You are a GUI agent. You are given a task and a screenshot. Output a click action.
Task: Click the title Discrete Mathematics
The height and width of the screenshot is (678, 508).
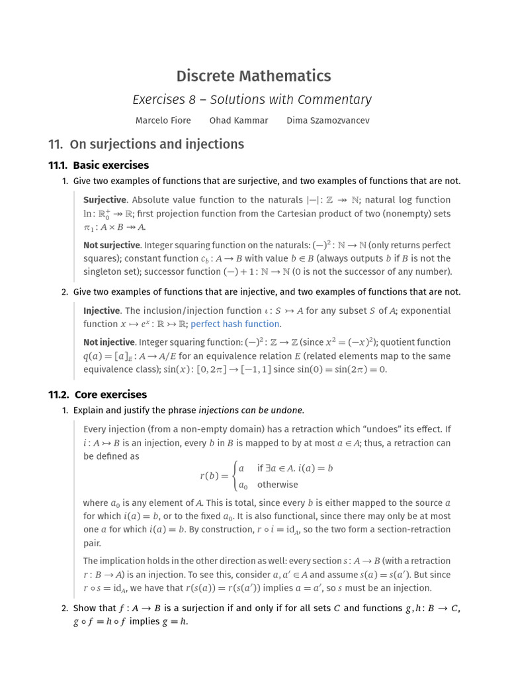(x=254, y=75)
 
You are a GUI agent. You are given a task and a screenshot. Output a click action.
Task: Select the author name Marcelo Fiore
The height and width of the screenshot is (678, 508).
(x=163, y=121)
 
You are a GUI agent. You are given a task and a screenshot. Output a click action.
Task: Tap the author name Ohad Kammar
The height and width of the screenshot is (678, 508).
(x=239, y=121)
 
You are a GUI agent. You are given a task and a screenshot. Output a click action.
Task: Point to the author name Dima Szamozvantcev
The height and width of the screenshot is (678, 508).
(x=328, y=121)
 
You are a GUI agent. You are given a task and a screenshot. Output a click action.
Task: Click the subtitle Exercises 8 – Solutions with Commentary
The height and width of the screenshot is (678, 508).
(x=252, y=99)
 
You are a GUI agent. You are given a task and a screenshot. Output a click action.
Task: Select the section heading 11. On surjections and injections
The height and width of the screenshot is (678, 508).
(x=146, y=144)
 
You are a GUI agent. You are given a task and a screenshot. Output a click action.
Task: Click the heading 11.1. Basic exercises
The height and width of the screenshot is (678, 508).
(x=99, y=166)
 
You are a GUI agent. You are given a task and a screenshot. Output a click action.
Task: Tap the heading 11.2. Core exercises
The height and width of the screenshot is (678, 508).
(x=98, y=395)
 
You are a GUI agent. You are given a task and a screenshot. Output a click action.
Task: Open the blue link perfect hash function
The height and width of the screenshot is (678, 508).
(x=235, y=324)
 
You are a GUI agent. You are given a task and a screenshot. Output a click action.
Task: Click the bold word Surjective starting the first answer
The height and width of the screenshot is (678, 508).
(x=105, y=200)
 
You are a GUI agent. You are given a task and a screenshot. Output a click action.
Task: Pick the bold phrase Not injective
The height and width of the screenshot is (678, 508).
(x=109, y=342)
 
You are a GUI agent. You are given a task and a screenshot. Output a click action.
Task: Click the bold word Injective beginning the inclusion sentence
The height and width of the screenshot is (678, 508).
(x=102, y=311)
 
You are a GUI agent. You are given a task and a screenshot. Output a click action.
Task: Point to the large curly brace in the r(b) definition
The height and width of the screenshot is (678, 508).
(x=233, y=476)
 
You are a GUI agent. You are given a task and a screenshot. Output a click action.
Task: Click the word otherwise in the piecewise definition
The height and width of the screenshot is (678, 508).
(x=277, y=485)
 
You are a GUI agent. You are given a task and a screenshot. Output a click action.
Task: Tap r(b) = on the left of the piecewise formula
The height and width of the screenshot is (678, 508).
(x=213, y=476)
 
